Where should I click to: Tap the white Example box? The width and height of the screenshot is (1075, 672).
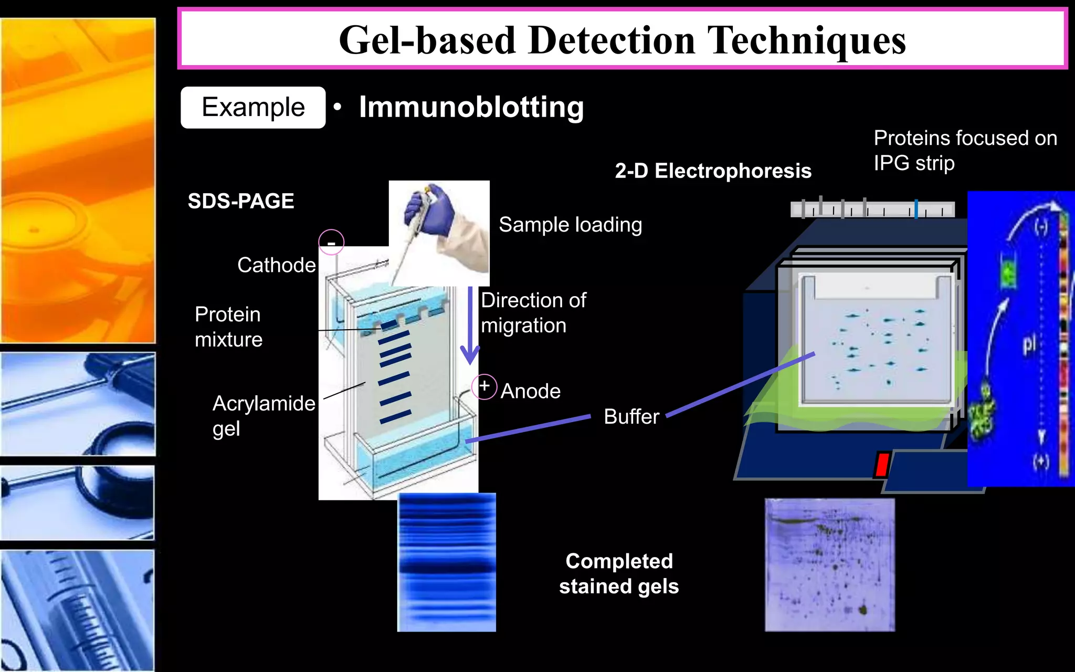tap(253, 108)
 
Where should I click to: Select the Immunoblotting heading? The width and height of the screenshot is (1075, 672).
tap(471, 107)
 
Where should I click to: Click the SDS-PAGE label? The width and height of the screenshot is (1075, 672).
tap(241, 201)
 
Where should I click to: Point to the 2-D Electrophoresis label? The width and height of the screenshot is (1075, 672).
tap(713, 171)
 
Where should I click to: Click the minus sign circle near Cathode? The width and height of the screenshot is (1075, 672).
tap(331, 243)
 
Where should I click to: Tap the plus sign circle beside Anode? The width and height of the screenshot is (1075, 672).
tap(484, 387)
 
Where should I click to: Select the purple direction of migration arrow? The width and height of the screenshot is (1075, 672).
tap(470, 325)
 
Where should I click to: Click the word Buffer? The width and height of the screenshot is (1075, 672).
tap(631, 417)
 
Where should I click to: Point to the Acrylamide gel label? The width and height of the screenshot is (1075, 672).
tap(263, 416)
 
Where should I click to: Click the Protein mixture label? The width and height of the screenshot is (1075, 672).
tap(228, 327)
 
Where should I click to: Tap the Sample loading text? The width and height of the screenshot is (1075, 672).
tap(570, 225)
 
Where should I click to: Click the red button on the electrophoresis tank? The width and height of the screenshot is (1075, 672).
tap(882, 465)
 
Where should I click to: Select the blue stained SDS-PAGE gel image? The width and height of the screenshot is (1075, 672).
tap(447, 562)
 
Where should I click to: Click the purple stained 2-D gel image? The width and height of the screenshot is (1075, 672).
tap(829, 565)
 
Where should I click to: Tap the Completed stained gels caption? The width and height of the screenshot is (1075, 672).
tap(619, 574)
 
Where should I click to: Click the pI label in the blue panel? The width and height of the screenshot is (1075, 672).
tap(1029, 344)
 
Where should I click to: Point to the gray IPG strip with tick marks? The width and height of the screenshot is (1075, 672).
tap(872, 209)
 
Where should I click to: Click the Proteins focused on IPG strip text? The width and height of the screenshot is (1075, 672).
tap(965, 150)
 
